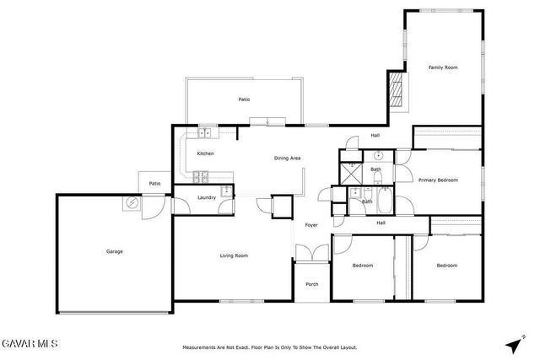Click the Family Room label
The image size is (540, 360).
442,67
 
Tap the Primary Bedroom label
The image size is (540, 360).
438,180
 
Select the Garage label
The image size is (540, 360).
114,251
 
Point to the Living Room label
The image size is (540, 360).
234,255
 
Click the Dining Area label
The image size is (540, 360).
288,159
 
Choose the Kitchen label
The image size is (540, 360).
205,153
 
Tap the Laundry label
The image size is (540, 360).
207,198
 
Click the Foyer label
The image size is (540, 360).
311,225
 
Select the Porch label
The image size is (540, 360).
312,284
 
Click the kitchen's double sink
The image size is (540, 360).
205,132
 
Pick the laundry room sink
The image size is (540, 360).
226,191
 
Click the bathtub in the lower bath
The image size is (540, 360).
385,201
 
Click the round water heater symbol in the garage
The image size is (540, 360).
132,202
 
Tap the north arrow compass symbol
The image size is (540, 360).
513,344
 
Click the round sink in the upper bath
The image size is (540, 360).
378,156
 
